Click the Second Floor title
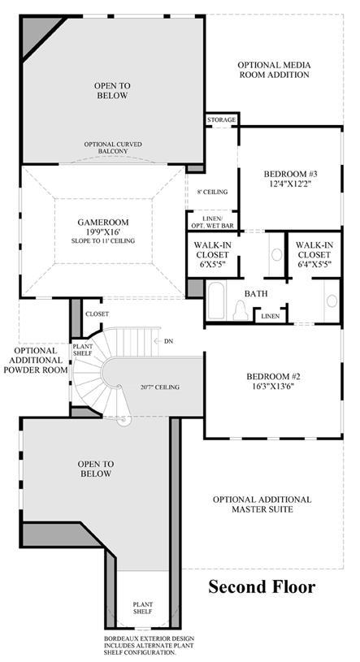(x=262, y=586)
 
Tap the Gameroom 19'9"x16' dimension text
(x=103, y=231)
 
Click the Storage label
(x=221, y=120)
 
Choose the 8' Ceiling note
(x=212, y=192)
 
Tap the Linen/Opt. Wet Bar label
(x=213, y=222)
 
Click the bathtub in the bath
(x=216, y=301)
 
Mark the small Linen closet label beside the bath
(x=271, y=316)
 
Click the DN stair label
(x=168, y=340)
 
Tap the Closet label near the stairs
(x=98, y=314)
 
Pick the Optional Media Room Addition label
(x=274, y=70)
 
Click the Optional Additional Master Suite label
(x=262, y=504)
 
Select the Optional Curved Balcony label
(x=113, y=147)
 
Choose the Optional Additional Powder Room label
(x=35, y=360)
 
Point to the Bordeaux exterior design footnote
(x=150, y=646)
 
